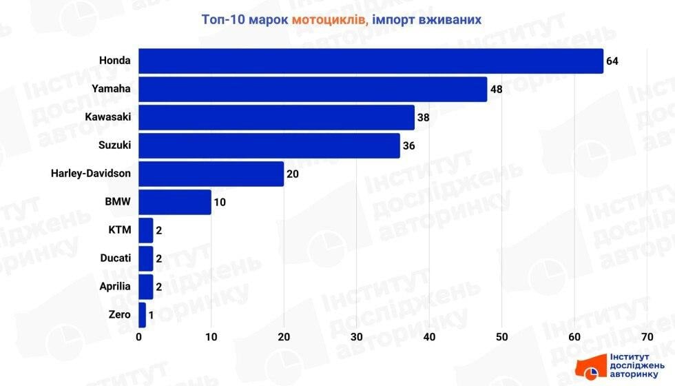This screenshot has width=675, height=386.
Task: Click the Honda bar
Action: click(371, 61)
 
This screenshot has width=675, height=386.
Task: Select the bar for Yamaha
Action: click(313, 89)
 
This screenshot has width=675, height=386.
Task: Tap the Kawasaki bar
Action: click(276, 117)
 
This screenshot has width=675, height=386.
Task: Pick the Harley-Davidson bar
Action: click(211, 174)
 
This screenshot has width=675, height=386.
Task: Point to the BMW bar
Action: click(175, 202)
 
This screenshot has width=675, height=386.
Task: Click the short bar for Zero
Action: click(142, 315)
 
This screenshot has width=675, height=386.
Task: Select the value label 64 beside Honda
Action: click(612, 61)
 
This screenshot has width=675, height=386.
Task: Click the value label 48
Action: click(496, 90)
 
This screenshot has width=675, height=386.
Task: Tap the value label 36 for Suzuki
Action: click(409, 146)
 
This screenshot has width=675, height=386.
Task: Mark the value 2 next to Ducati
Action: click(159, 259)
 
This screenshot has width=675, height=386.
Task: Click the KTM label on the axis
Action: click(118, 230)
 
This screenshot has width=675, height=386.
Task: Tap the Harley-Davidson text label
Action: click(90, 174)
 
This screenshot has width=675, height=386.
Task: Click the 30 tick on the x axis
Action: click(356, 337)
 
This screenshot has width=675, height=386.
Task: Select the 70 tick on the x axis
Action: click(646, 337)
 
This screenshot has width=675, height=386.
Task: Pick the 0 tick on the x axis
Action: click(139, 337)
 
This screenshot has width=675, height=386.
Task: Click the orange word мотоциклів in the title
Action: click(330, 19)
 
